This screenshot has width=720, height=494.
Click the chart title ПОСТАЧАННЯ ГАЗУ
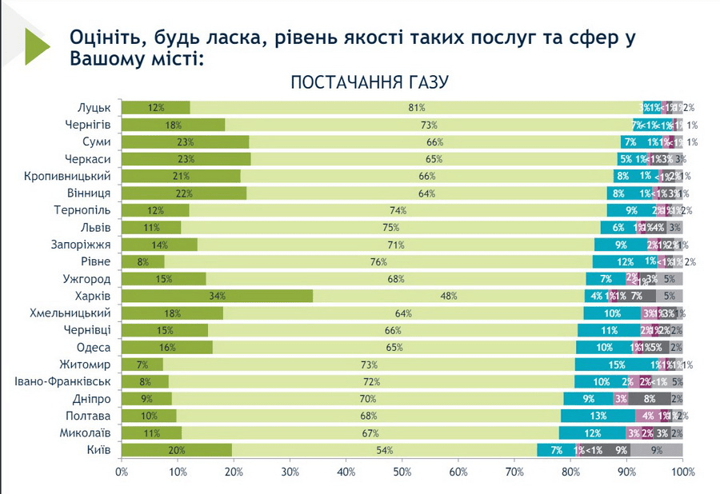pyautogui.click(x=369, y=82)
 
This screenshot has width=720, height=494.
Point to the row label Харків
pyautogui.click(x=93, y=296)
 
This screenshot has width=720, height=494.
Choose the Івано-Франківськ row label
pyautogui.click(x=68, y=381)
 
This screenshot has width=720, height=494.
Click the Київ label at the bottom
pyautogui.click(x=98, y=450)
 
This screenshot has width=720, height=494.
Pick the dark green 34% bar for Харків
pyautogui.click(x=217, y=296)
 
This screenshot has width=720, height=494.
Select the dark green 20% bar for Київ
pyautogui.click(x=177, y=450)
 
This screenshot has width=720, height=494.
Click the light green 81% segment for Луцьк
pyautogui.click(x=416, y=108)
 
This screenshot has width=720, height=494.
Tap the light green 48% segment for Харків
pyautogui.click(x=448, y=296)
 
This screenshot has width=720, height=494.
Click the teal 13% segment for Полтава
pyautogui.click(x=598, y=416)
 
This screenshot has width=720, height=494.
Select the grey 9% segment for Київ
pyautogui.click(x=657, y=450)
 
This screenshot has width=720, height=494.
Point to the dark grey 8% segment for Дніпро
pyautogui.click(x=649, y=398)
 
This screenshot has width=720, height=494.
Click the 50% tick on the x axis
pyautogui.click(x=402, y=472)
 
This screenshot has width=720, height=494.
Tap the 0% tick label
pyautogui.click(x=122, y=472)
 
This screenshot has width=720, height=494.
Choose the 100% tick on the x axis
pyautogui.click(x=682, y=472)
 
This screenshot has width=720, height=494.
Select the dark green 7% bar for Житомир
pyautogui.click(x=142, y=365)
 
